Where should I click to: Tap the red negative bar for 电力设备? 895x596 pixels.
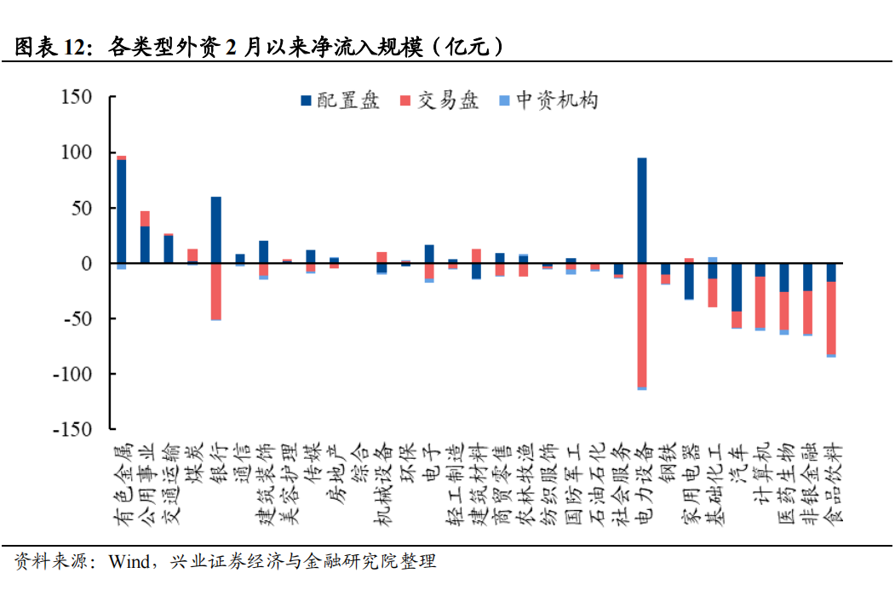click(x=641, y=324)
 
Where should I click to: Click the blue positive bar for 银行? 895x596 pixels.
click(x=216, y=230)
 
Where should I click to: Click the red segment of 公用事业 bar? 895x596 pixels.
click(x=146, y=219)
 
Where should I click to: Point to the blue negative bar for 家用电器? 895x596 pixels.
click(x=689, y=282)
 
